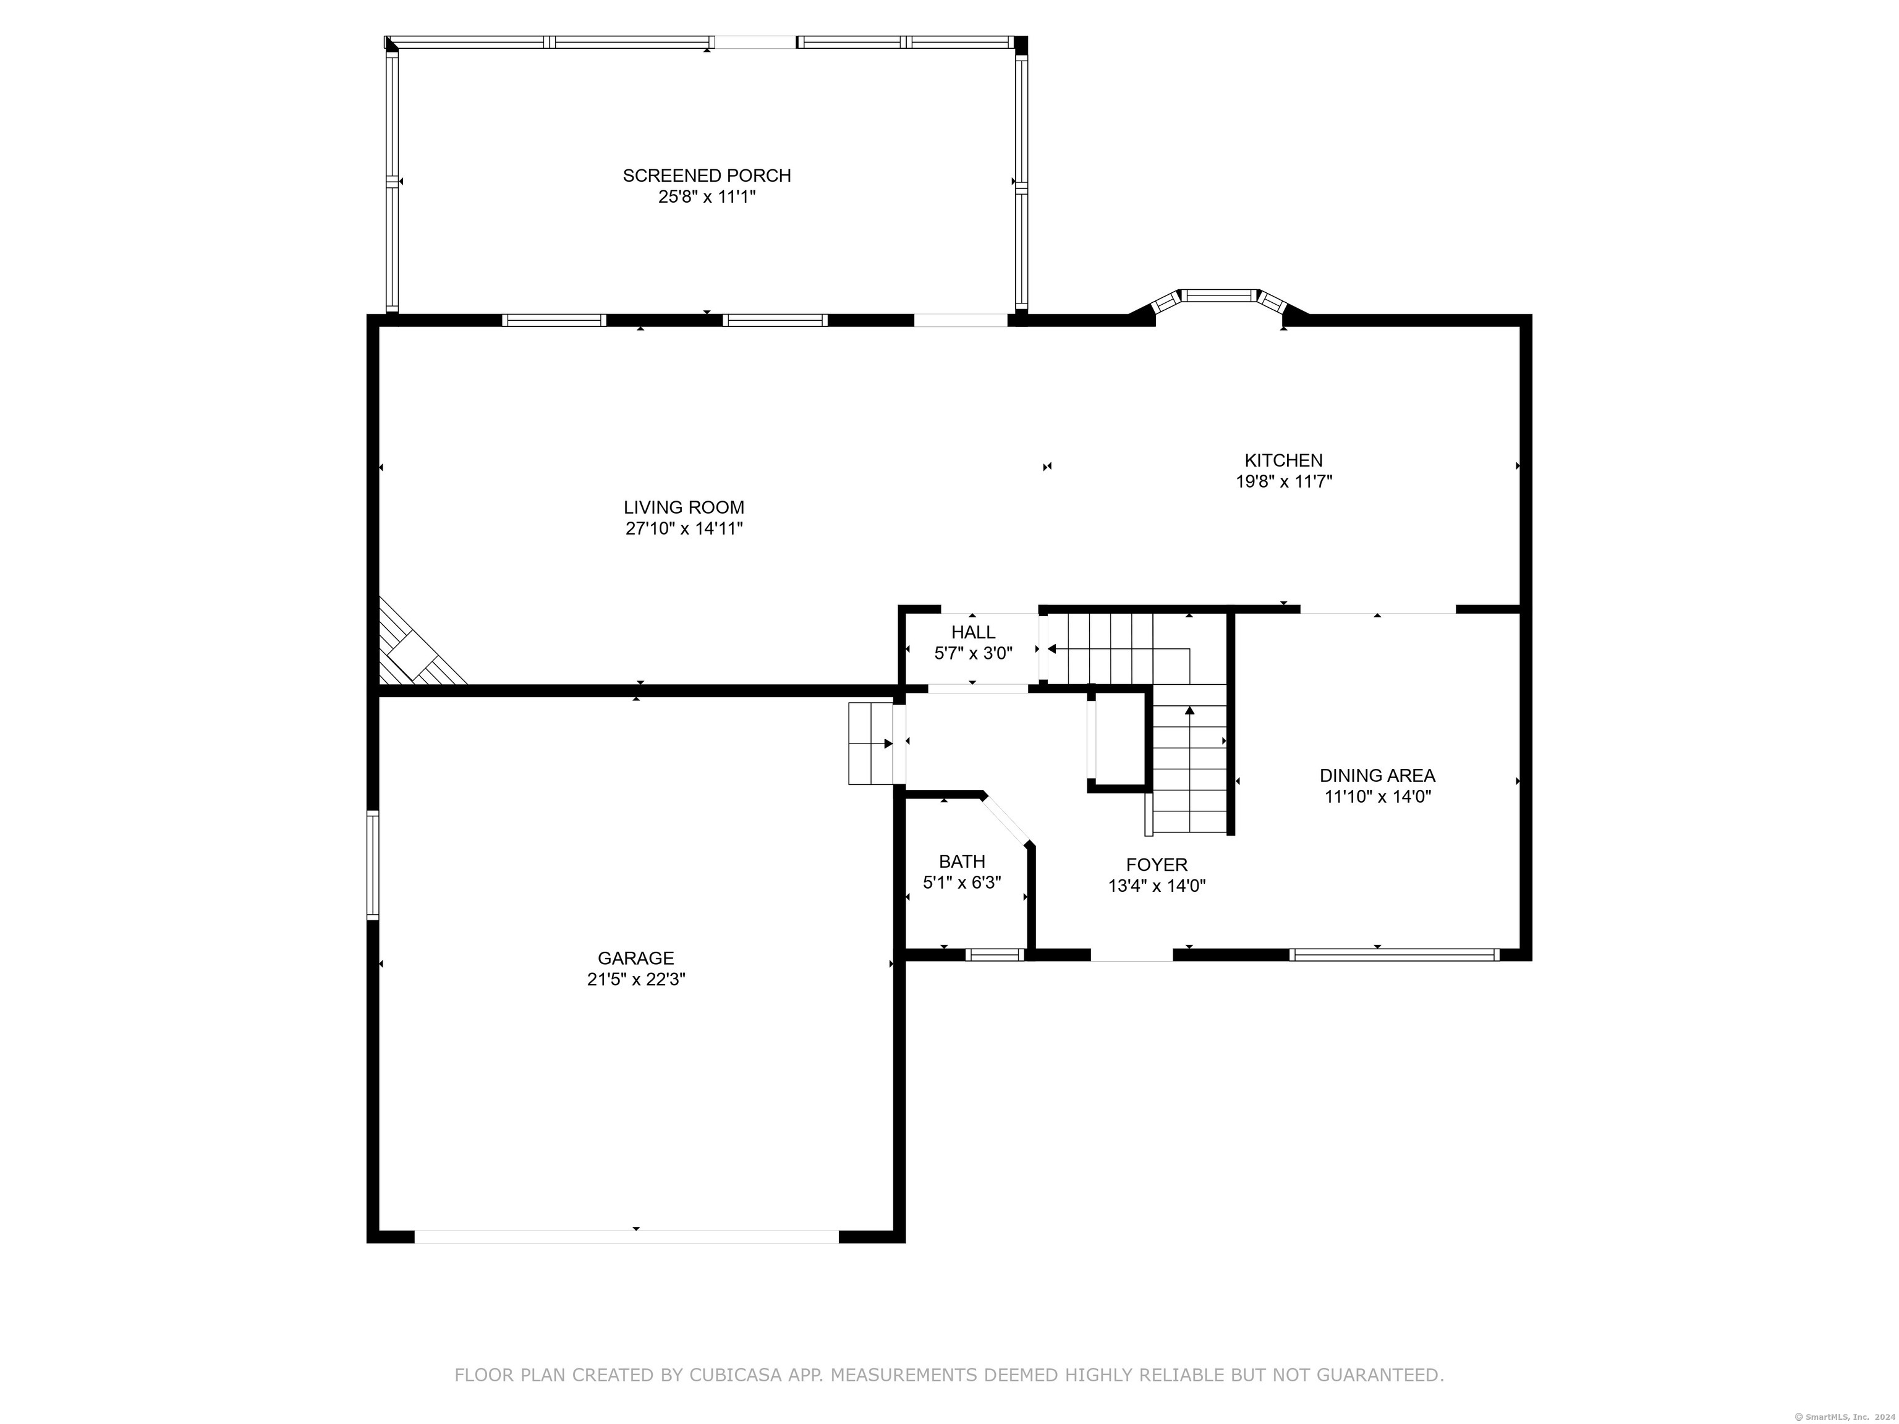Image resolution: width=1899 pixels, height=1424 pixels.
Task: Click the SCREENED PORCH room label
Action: (707, 175)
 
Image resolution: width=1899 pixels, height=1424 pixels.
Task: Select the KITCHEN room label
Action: (1283, 460)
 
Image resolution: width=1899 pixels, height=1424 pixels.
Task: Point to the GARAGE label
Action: (635, 958)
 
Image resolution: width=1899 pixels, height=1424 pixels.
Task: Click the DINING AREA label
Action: (1377, 775)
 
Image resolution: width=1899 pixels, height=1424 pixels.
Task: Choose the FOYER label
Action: (1157, 865)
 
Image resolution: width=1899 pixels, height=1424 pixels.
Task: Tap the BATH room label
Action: (961, 861)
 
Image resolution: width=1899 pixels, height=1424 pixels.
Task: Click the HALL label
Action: (972, 632)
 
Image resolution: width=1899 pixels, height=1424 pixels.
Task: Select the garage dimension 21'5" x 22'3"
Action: (635, 980)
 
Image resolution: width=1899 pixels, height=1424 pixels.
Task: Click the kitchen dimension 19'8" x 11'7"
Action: (1283, 481)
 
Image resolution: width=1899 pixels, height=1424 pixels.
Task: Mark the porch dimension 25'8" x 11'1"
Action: (707, 197)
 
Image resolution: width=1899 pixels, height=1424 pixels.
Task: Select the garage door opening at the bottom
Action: (627, 1236)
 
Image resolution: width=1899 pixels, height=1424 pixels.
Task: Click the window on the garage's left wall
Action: (373, 865)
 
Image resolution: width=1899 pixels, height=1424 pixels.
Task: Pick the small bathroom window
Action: (994, 954)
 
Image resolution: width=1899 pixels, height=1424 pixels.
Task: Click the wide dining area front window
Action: (1394, 954)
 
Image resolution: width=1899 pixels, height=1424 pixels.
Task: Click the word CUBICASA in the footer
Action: (735, 1375)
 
